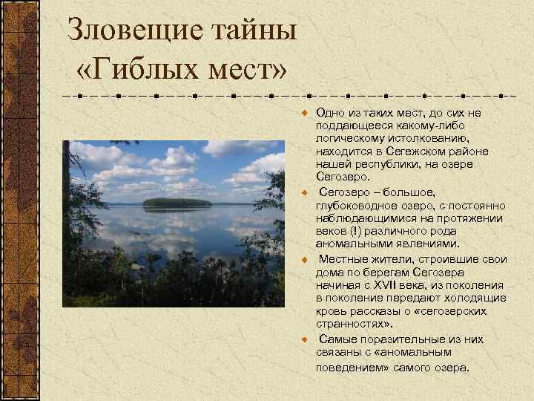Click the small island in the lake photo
(x=177, y=202)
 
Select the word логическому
(x=349, y=138)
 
